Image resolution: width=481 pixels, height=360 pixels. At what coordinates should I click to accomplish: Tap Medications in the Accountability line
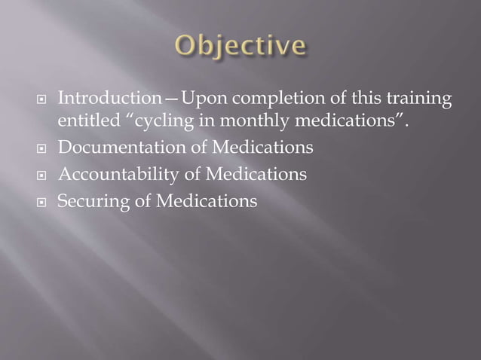point(253,175)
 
